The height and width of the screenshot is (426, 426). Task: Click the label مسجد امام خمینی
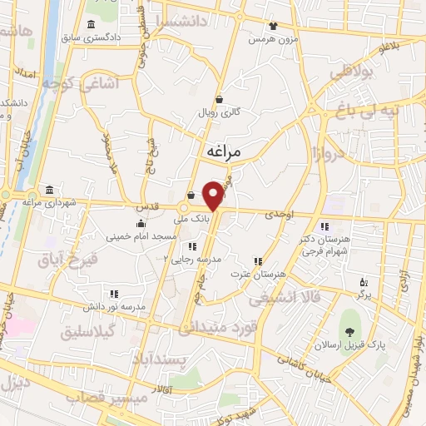141,236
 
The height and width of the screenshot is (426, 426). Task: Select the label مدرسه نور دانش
112,307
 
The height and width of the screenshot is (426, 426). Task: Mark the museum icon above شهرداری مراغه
50,190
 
